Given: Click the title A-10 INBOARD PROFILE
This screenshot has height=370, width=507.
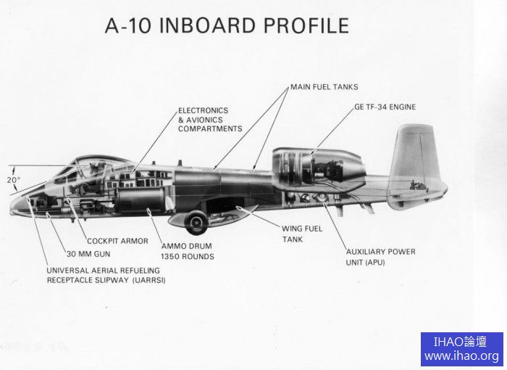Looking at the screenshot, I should click(227, 25).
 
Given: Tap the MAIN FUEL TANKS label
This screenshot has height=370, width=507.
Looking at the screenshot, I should click(324, 87).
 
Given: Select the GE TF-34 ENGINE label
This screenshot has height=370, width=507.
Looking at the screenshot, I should click(385, 107).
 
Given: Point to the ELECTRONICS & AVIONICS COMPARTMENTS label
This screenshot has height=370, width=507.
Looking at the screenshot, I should click(210, 120).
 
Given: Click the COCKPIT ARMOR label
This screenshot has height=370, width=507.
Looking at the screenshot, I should click(117, 241).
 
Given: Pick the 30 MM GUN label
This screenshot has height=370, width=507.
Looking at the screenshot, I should click(89, 254).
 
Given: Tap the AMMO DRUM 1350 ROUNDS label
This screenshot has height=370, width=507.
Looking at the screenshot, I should click(188, 251).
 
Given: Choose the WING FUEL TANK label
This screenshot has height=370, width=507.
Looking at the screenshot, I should click(302, 234).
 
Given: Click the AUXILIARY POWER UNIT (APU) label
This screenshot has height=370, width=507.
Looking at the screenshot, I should click(380, 257).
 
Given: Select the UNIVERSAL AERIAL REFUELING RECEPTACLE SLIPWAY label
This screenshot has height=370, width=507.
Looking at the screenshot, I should click(106, 275).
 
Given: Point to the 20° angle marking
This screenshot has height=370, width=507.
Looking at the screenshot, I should click(14, 179).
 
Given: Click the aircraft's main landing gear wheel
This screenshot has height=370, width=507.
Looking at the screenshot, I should click(196, 222).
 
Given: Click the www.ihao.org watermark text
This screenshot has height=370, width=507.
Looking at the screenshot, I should click(461, 355).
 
